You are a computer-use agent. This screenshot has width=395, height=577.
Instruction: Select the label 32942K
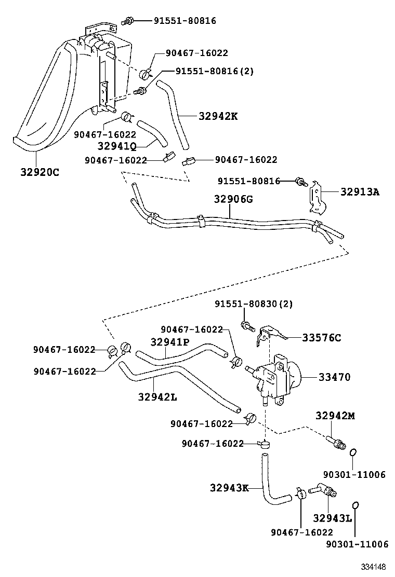coord(218,117)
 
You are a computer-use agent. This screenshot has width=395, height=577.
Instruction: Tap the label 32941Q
coord(117,146)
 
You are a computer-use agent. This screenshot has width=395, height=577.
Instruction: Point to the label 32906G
coord(233,199)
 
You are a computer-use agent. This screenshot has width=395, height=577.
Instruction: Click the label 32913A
coord(360,192)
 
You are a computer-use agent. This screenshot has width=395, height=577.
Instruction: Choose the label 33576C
coord(322,338)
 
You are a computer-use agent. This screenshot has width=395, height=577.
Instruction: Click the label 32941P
coord(170,342)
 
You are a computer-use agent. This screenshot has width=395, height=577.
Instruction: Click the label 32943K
coord(229,488)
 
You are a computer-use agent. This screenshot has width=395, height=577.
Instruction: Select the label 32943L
coord(333,518)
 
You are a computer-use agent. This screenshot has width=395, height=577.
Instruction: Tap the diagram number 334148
coord(375,567)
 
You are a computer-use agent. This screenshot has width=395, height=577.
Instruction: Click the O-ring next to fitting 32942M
coord(353,452)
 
